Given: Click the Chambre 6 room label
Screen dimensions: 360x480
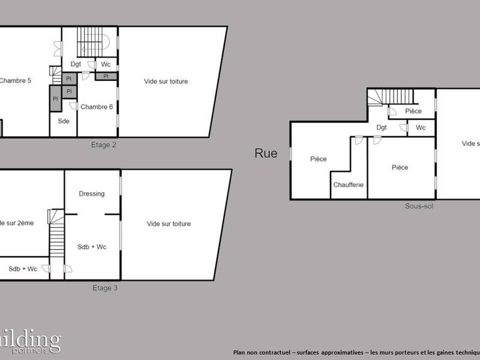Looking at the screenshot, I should click(x=97, y=107).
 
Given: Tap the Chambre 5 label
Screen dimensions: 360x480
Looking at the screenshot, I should click(x=16, y=81).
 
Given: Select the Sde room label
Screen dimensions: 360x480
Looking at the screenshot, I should click(x=64, y=121).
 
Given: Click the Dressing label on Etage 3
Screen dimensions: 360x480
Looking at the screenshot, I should click(x=92, y=194).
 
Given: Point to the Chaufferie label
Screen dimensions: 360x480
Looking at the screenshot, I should click(x=349, y=185).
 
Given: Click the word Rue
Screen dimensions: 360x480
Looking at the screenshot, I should click(x=266, y=154).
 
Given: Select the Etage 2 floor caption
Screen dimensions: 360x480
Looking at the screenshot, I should click(x=104, y=145).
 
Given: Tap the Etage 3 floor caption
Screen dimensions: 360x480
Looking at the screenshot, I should click(x=104, y=288).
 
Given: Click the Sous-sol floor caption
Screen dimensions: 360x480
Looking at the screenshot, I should click(x=419, y=206).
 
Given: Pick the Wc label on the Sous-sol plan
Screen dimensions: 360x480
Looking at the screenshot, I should click(x=421, y=128).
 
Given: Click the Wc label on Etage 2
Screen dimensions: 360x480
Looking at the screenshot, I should click(x=106, y=64).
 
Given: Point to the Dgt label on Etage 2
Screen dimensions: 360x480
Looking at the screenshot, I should click(x=76, y=64).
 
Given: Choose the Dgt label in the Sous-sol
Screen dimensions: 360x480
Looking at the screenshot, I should click(x=382, y=127).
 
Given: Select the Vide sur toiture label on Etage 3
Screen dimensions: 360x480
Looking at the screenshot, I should click(x=169, y=224).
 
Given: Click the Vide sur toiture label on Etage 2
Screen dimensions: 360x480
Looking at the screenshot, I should click(x=166, y=81).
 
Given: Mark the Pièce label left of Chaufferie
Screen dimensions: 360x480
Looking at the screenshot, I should click(x=318, y=159).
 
